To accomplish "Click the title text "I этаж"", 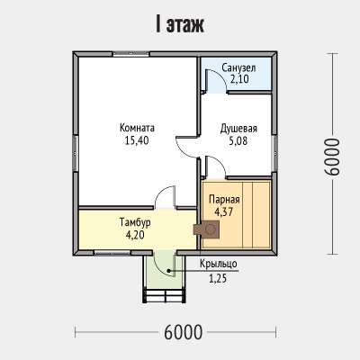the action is [180, 25].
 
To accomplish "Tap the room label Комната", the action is [137, 128].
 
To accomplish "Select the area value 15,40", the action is [137, 140].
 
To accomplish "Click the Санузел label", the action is [238, 68].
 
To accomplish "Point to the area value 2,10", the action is [239, 79].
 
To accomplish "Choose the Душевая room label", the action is [238, 129].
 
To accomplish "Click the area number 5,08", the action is [238, 140].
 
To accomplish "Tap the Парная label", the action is [224, 200].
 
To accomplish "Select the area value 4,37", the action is [224, 211].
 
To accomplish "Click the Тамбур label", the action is [135, 222].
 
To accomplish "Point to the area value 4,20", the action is [135, 235].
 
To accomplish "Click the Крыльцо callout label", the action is [219, 264].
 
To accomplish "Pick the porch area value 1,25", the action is [218, 279].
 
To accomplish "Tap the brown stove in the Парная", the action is [207, 229].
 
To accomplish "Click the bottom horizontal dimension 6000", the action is [184, 332].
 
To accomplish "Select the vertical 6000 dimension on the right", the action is [333, 157].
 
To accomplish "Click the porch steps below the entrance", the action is [164, 295].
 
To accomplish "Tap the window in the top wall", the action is [130, 54].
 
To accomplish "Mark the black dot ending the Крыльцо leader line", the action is [169, 271].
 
